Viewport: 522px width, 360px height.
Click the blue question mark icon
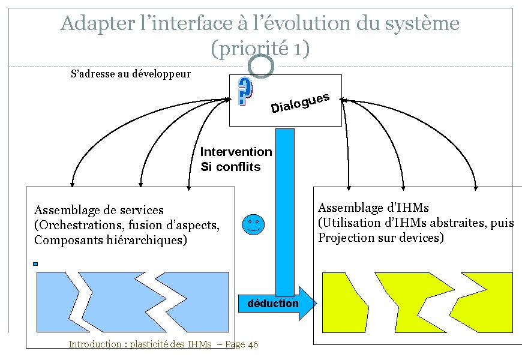(x=244, y=92)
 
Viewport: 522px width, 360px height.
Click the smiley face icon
(x=254, y=224)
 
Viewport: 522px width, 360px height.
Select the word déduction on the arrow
(x=273, y=304)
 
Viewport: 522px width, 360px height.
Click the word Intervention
(x=236, y=152)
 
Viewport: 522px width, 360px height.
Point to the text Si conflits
(x=230, y=167)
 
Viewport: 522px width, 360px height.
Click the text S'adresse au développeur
(x=130, y=74)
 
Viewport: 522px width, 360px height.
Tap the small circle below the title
(x=261, y=66)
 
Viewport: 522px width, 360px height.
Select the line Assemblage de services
(x=99, y=210)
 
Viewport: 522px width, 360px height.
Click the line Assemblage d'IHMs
(x=373, y=208)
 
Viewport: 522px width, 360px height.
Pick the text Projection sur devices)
(x=381, y=238)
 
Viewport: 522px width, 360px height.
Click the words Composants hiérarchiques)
(x=111, y=240)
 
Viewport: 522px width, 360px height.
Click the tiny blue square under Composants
(x=36, y=263)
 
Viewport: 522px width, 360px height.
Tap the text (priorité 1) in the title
(x=260, y=48)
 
